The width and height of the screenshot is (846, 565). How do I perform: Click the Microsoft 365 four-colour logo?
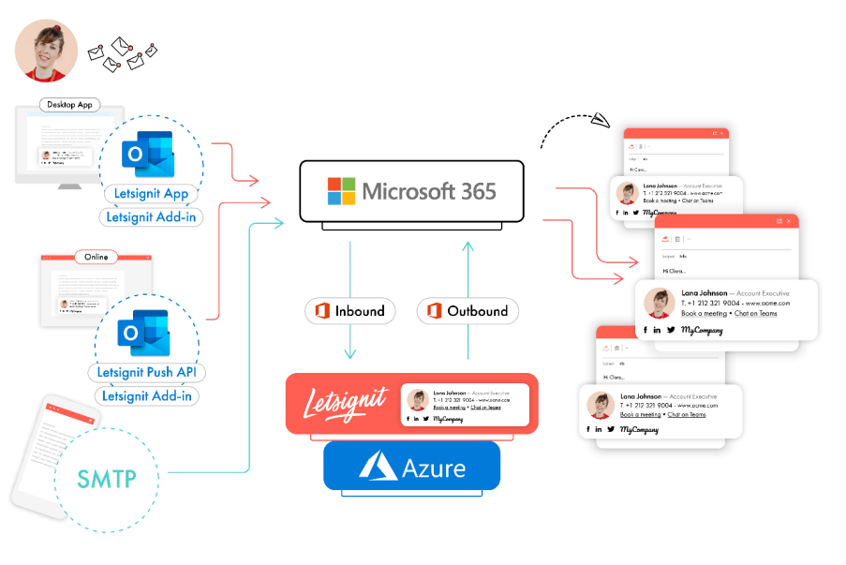(341, 191)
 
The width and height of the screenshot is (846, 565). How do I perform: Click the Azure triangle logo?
(379, 467)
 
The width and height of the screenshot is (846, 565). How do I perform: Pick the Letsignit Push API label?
(148, 372)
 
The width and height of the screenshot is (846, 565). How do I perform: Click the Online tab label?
(95, 257)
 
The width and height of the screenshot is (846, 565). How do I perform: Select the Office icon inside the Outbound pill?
(434, 311)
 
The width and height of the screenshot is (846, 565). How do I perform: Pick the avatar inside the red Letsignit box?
(418, 400)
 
